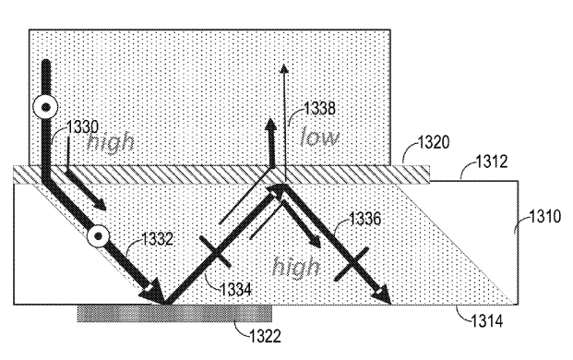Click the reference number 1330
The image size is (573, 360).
(x=82, y=127)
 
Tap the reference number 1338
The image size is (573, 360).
(x=320, y=109)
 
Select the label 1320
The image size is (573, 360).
(x=434, y=142)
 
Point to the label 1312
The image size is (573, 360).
(x=492, y=162)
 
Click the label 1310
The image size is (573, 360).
(x=545, y=216)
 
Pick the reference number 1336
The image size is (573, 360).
(x=364, y=219)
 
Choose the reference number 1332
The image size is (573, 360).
(x=157, y=239)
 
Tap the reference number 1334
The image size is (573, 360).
(x=235, y=290)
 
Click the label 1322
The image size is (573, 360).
(x=265, y=336)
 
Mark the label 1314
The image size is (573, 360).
(x=487, y=321)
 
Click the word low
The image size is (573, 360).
(x=319, y=138)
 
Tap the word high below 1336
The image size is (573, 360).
(x=296, y=267)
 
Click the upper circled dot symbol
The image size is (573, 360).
(x=46, y=108)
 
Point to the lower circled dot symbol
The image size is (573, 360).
(x=98, y=236)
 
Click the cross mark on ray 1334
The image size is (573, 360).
(x=215, y=252)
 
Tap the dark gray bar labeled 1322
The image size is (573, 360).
(x=174, y=314)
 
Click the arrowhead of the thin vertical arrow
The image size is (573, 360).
(x=283, y=68)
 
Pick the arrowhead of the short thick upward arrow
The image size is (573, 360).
(x=270, y=125)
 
